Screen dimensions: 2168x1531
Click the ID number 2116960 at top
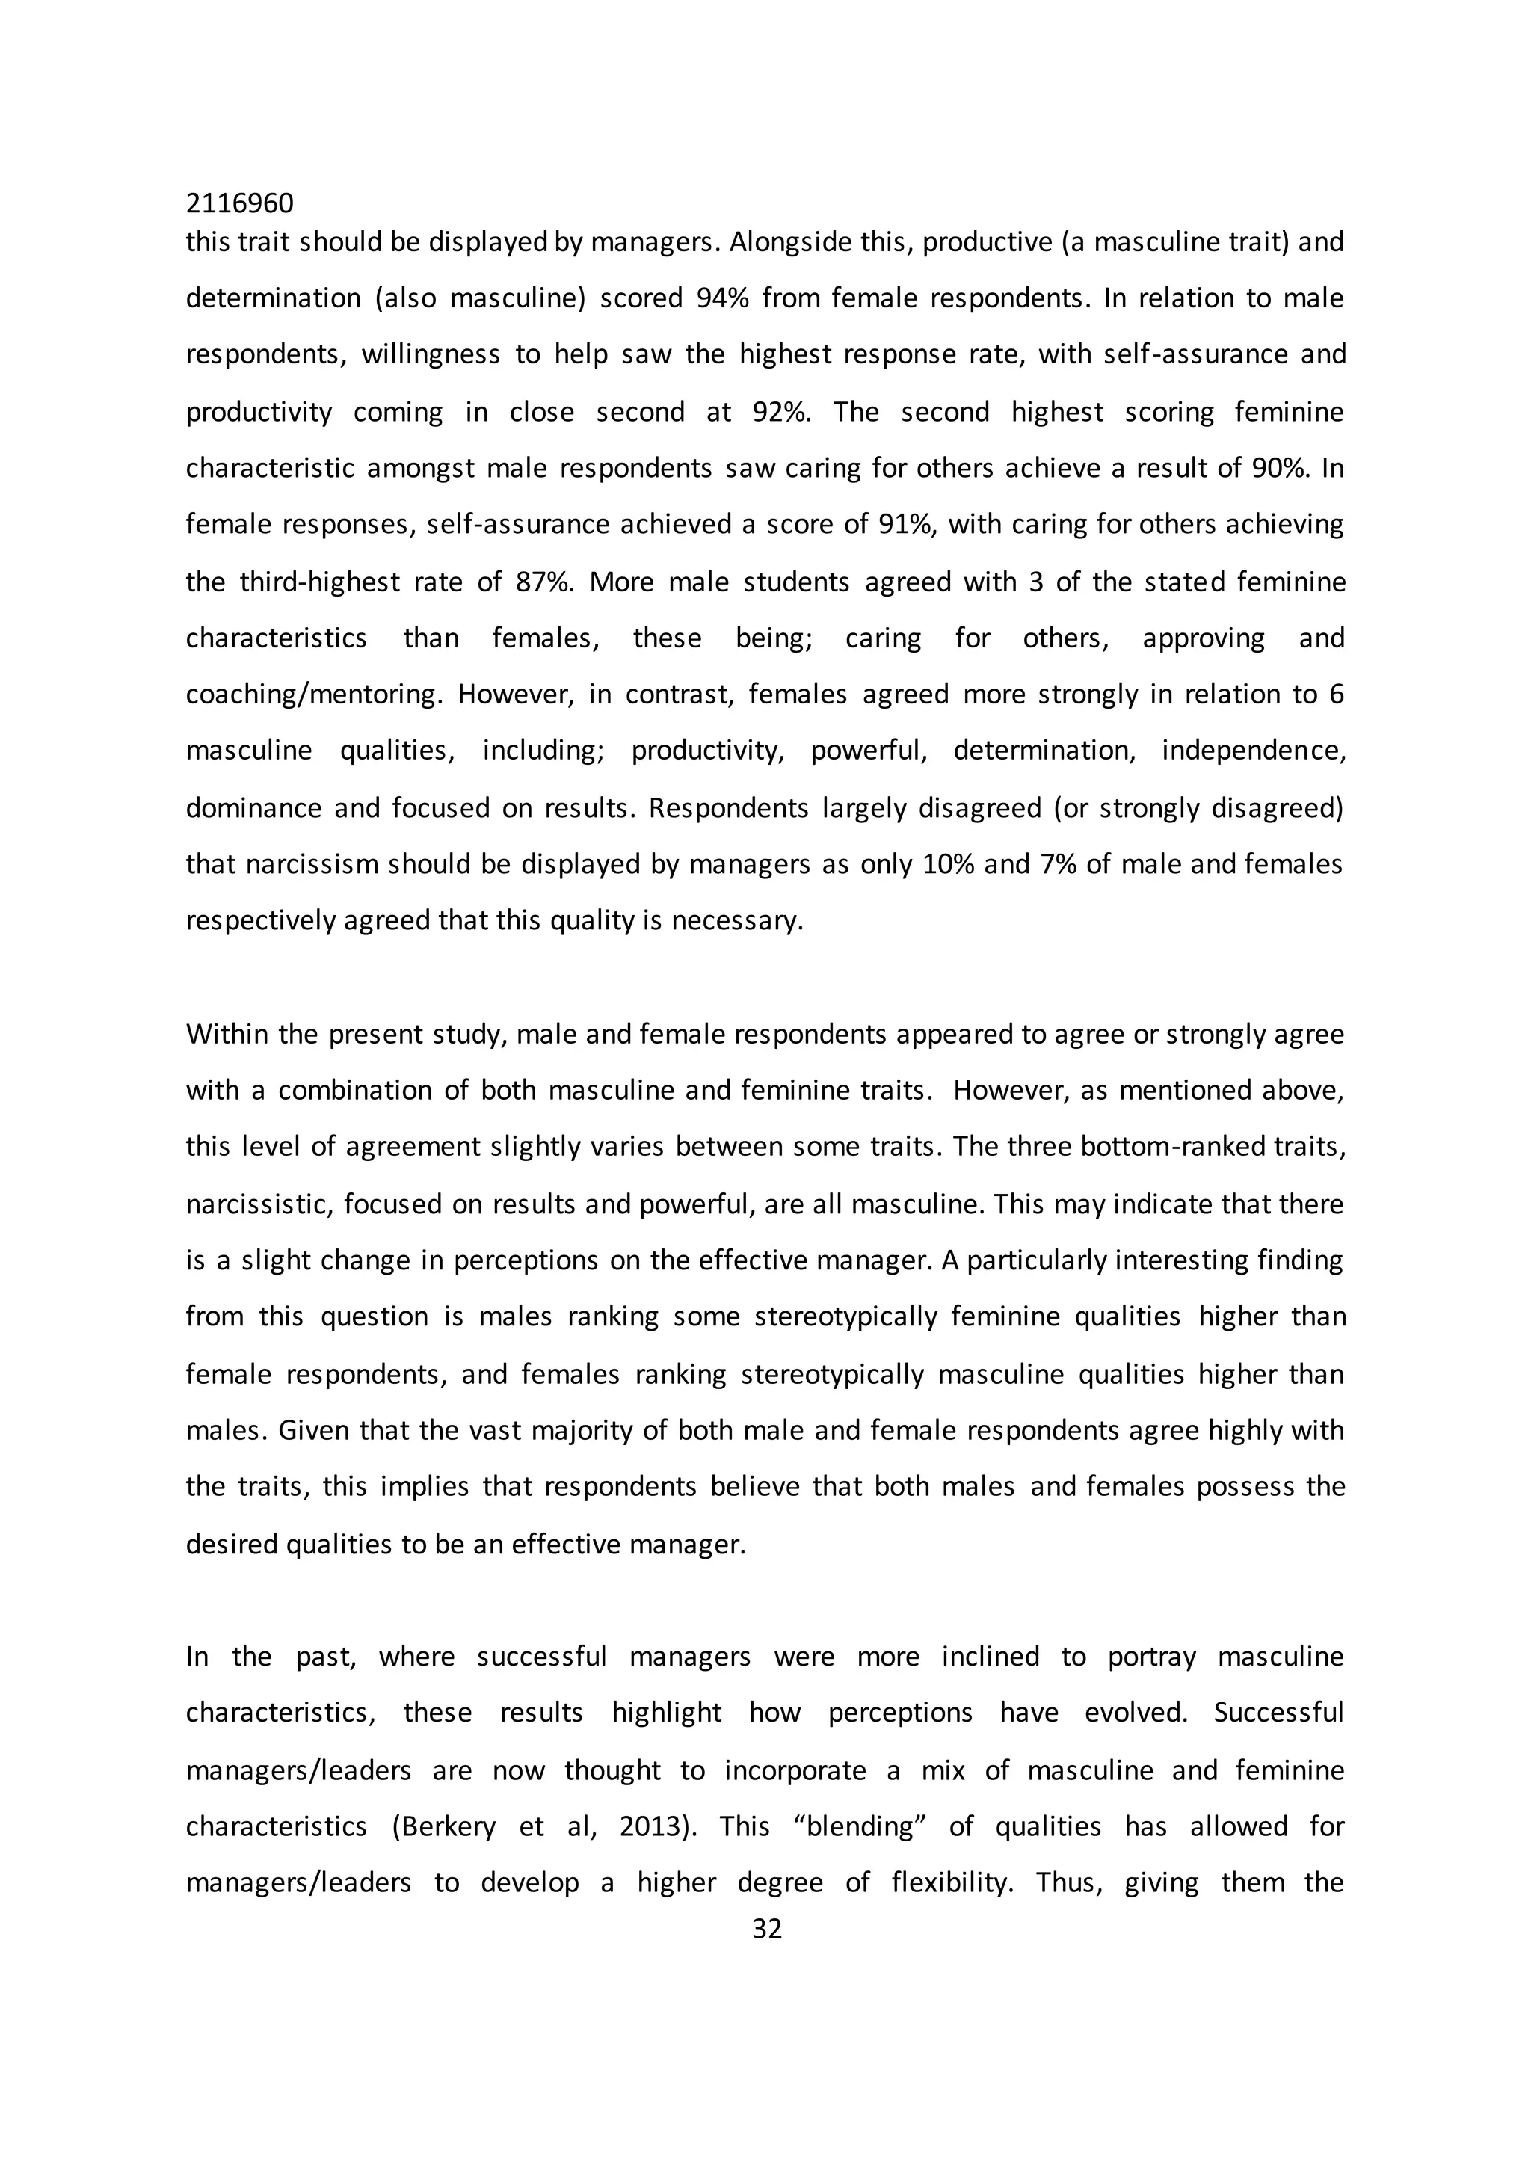239,203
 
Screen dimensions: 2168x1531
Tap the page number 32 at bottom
766,1928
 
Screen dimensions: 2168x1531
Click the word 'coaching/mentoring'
313,695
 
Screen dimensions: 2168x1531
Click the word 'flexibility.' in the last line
952,1884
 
